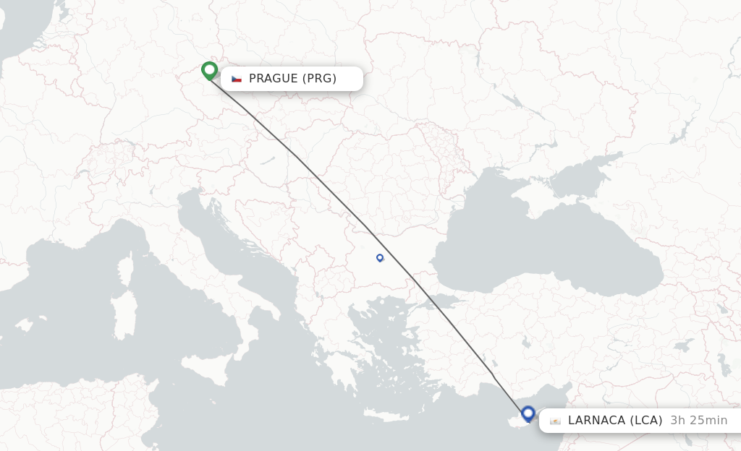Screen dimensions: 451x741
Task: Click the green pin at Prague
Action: coord(209,70)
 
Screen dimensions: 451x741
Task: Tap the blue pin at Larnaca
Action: coord(528,414)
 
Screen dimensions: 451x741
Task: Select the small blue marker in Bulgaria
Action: coord(380,257)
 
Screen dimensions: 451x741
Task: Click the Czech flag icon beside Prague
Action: coord(237,79)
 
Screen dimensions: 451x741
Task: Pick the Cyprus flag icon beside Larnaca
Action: coord(555,421)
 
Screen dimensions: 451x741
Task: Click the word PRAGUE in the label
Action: coord(274,79)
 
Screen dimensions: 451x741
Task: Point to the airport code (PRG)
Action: coord(319,79)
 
